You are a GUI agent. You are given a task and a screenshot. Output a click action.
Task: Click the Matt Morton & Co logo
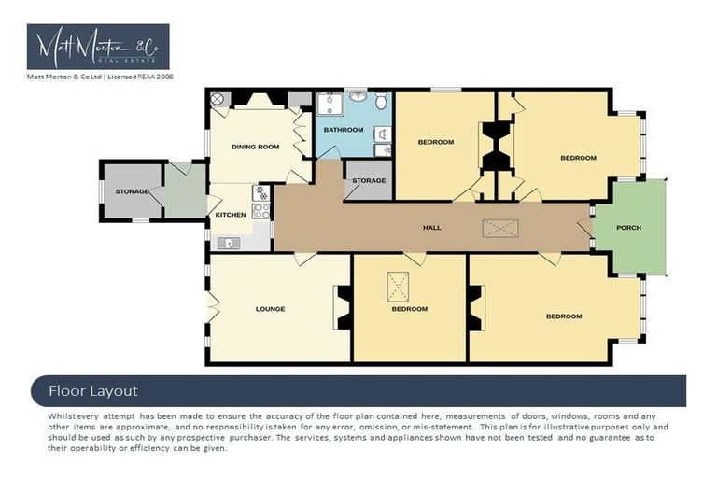click(98, 46)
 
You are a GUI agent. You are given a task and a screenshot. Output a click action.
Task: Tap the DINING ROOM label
click(255, 147)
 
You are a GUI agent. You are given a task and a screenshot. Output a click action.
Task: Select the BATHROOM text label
click(344, 129)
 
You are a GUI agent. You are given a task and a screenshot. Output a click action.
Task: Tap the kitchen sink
click(229, 243)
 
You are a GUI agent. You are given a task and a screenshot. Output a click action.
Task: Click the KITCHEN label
click(231, 215)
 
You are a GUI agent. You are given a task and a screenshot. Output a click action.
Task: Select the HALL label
click(431, 227)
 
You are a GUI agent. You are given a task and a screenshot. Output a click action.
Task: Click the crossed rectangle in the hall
click(499, 227)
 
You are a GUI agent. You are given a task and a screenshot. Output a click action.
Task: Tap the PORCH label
click(629, 227)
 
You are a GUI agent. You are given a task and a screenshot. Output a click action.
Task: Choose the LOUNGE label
click(270, 309)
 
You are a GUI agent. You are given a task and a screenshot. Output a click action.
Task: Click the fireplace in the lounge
click(344, 307)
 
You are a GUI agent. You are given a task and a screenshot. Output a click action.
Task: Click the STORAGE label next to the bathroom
click(369, 180)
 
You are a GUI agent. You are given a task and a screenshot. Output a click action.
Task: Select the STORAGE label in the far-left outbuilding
click(132, 191)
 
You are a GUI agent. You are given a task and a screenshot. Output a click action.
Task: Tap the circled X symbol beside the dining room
click(217, 99)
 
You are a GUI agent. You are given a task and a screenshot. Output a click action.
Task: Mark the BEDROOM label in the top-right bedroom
click(578, 158)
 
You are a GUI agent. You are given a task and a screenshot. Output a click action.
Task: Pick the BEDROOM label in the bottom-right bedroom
click(564, 316)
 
